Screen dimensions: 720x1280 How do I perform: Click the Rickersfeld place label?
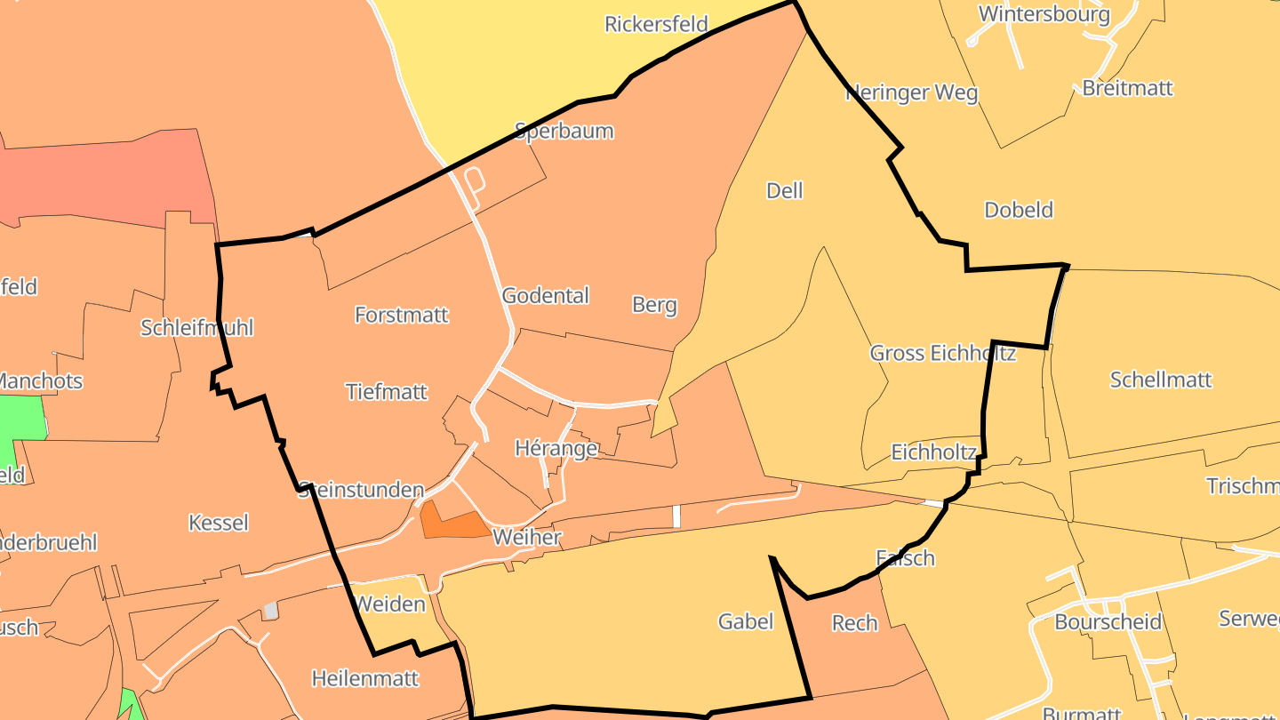656,24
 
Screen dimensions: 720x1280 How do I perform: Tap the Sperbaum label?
564,132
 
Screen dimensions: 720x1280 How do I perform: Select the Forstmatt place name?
402,315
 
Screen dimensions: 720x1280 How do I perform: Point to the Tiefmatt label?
387,392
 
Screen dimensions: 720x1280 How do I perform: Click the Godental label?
546,296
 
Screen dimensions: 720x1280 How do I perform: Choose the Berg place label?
654,305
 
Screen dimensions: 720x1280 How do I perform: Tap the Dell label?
784,190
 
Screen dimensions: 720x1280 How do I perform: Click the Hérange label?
556,448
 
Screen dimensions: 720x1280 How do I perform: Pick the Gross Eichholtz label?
942,353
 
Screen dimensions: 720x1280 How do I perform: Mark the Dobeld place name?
1019,210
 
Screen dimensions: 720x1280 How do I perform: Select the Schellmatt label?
1161,380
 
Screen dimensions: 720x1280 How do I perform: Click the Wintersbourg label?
1044,14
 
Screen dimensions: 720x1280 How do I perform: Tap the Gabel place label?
746,621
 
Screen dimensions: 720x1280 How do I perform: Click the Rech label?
854,623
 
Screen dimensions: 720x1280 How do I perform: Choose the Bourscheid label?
1108,621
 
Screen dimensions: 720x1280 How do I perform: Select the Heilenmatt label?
364,678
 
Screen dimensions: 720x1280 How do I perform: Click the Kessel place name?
219,523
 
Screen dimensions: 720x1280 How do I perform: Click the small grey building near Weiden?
271,611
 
